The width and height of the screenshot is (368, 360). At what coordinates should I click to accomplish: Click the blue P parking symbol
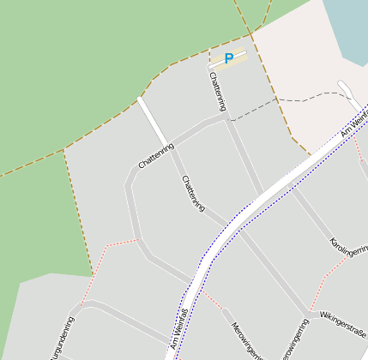click(x=228, y=58)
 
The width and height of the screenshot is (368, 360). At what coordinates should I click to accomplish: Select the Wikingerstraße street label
click(x=343, y=324)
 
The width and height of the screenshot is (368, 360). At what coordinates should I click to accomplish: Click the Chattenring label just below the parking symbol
click(x=218, y=91)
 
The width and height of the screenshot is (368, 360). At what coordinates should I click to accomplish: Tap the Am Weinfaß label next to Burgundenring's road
click(x=179, y=329)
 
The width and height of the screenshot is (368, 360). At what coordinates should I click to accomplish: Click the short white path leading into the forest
click(x=154, y=120)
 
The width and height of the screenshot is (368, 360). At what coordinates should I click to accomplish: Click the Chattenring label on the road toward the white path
click(x=155, y=155)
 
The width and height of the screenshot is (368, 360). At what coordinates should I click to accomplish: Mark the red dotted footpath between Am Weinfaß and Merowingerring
click(x=214, y=300)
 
